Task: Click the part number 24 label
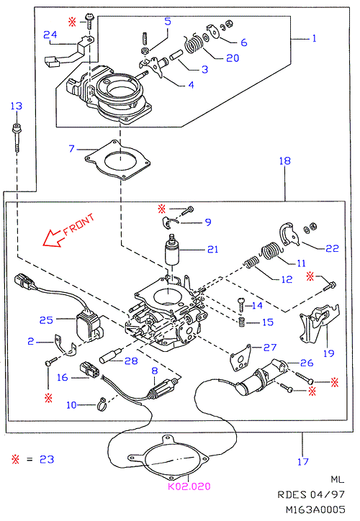point(50,35)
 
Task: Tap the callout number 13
point(17,106)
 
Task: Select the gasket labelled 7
point(117,160)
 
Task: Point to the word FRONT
point(78,225)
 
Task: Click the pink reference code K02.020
point(189,486)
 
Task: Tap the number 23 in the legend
point(47,459)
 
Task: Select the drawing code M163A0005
point(315,509)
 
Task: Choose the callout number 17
point(303,461)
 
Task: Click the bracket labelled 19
point(320,323)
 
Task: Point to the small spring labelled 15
point(243,322)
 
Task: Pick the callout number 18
point(285,160)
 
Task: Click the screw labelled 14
point(242,305)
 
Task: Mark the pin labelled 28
point(110,355)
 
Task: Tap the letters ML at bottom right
point(338,479)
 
